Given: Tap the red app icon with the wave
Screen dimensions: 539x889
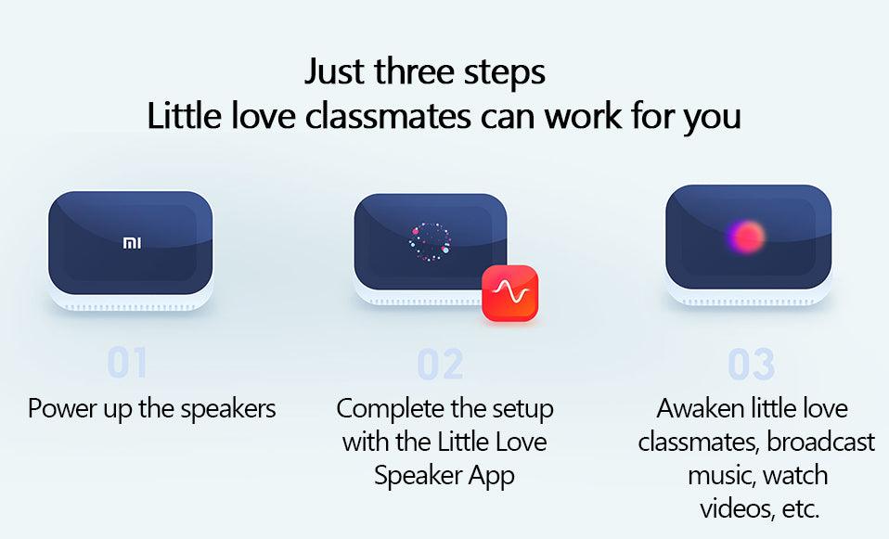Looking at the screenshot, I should pyautogui.click(x=509, y=293).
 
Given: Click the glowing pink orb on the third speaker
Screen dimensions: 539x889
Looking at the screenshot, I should pyautogui.click(x=746, y=237).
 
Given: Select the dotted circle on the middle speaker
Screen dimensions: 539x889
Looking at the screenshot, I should pyautogui.click(x=430, y=241).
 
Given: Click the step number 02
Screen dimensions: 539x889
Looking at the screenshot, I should pyautogui.click(x=440, y=366).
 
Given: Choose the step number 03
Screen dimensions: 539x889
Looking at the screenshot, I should pyautogui.click(x=751, y=366).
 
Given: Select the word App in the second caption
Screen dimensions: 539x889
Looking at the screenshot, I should pyautogui.click(x=493, y=475).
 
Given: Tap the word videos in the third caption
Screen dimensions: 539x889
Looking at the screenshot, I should pyautogui.click(x=733, y=508).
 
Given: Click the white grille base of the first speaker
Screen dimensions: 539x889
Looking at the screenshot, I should pyautogui.click(x=131, y=301).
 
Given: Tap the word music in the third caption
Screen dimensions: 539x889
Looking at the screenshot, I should pyautogui.click(x=721, y=475).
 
